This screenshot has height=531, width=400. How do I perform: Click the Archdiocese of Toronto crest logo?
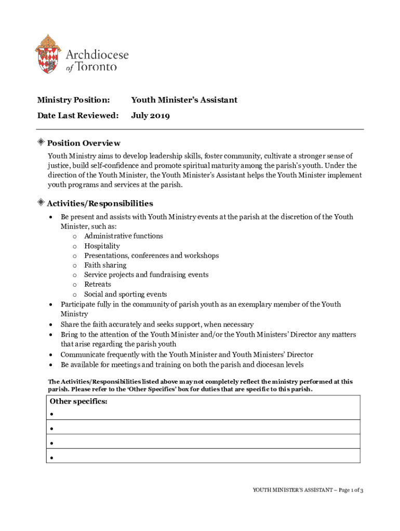coord(48,54)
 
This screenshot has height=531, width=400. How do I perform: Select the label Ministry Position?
coord(73,100)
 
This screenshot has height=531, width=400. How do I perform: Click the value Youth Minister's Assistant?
coord(184,100)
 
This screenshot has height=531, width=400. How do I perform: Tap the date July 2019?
coord(150,115)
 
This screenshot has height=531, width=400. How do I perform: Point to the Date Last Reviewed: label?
coord(77,115)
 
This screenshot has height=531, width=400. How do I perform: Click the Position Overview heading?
coord(84,143)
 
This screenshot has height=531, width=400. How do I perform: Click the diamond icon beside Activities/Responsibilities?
coord(41,203)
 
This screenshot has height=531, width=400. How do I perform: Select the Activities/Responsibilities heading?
coord(100,203)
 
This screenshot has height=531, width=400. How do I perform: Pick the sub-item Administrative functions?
coord(123,236)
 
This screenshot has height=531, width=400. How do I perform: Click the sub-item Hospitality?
coord(102,246)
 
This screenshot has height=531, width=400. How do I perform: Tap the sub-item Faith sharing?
coord(105,265)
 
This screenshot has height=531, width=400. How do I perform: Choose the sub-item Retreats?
coord(98,284)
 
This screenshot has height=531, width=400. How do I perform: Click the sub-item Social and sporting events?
coord(125,294)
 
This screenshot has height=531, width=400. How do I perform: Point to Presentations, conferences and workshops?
coord(151,256)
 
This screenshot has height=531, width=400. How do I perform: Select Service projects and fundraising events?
coord(146,275)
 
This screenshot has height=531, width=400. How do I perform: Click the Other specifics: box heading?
coord(78,402)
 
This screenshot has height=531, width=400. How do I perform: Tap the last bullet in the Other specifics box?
coord(52,458)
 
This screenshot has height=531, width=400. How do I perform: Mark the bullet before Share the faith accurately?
coord(51,325)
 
